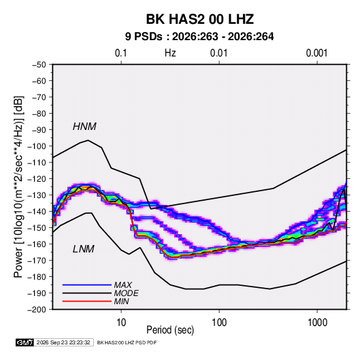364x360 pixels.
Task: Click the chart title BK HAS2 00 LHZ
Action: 200,19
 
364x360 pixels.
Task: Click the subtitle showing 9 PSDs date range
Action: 199,37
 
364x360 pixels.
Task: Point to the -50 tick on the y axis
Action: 39,65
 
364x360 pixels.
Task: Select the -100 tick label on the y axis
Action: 37,146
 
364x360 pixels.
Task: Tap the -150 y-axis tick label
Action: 37,228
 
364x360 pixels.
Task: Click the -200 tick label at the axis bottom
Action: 37,310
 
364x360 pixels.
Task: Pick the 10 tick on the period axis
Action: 121,323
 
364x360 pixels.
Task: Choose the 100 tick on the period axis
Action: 219,323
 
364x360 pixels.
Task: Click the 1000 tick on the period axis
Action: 317,323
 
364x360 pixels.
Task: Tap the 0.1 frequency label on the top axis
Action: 121,53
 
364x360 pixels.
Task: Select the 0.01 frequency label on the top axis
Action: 218,53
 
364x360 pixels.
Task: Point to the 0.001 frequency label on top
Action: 316,53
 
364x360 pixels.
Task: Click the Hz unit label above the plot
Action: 170,53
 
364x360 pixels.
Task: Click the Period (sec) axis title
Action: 170,330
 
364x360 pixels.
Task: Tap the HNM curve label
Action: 84,127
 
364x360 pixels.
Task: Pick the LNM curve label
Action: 84,249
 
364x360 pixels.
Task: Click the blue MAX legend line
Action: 87,285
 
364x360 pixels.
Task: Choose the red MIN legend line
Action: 87,301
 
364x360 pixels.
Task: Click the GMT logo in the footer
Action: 24,342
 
